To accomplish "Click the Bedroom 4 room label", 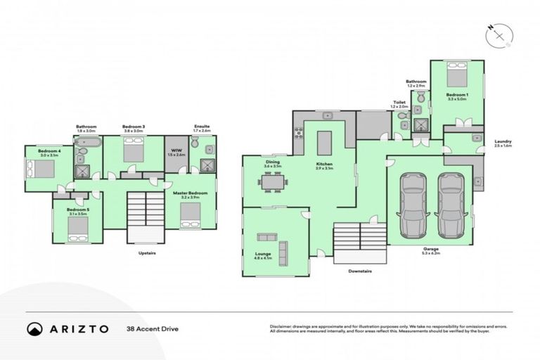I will click(x=48, y=150).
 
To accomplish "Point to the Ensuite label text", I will click(x=202, y=127).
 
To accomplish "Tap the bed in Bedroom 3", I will click(x=134, y=150).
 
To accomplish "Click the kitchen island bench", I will click(x=324, y=143).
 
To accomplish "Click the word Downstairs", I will click(x=360, y=270).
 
